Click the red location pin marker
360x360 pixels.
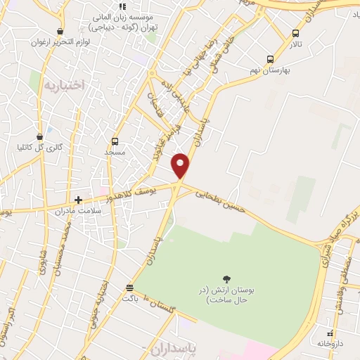[181, 165]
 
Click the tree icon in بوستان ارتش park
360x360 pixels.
[226, 279]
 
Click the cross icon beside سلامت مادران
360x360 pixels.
[78, 200]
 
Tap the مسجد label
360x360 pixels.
[114, 152]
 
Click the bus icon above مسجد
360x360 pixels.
[115, 141]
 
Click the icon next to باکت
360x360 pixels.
[129, 288]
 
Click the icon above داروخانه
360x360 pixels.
[330, 333]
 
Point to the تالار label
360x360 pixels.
[295, 44]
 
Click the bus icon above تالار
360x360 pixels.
[295, 32]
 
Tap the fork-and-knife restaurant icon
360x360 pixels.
[122, 7]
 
